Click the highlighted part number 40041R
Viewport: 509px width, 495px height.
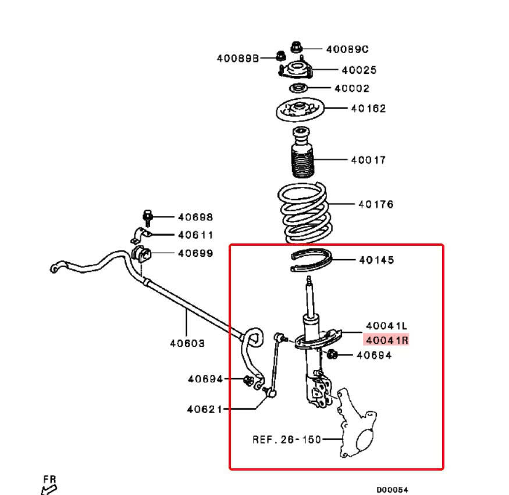point(386,340)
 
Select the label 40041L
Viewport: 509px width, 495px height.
point(386,327)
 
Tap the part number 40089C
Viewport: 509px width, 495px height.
point(347,49)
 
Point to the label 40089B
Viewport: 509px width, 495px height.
point(237,58)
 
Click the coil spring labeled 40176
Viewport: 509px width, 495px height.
point(303,212)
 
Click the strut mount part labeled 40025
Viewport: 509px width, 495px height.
point(296,71)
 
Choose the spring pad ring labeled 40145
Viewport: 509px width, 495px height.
point(311,260)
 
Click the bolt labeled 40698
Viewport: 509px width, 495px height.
point(148,218)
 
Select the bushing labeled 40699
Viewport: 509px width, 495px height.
point(141,254)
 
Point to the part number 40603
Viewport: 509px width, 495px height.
point(187,343)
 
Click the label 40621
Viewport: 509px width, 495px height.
point(204,409)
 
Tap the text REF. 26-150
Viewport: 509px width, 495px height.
point(286,439)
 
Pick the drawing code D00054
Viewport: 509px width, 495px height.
point(392,490)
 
